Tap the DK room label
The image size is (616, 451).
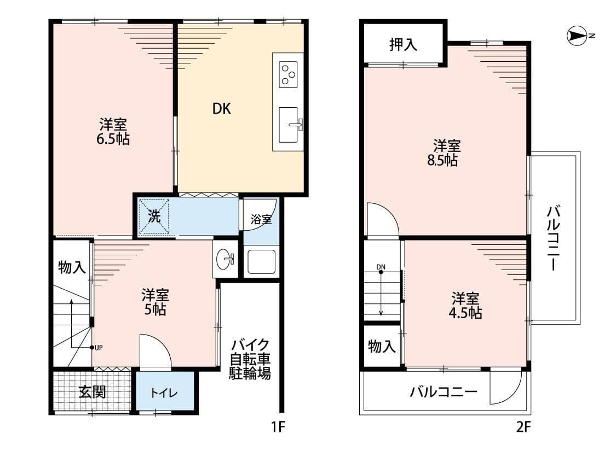point(222,109)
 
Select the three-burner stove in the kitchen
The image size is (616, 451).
point(288,74)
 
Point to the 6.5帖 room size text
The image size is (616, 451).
point(113,139)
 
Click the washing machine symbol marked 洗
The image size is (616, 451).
point(154,217)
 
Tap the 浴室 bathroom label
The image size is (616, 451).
point(261,220)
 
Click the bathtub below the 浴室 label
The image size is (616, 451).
point(261,262)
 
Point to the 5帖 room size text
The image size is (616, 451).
point(155,309)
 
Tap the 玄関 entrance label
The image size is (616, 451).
point(93,392)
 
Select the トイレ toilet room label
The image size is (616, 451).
point(164,393)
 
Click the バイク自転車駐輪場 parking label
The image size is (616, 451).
point(250,359)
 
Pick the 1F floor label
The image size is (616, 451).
point(278,426)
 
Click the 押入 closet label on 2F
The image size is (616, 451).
point(403,44)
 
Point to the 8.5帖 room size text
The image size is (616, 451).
point(442,160)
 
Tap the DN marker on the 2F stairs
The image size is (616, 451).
point(381,267)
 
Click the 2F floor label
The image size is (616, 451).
point(523,426)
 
